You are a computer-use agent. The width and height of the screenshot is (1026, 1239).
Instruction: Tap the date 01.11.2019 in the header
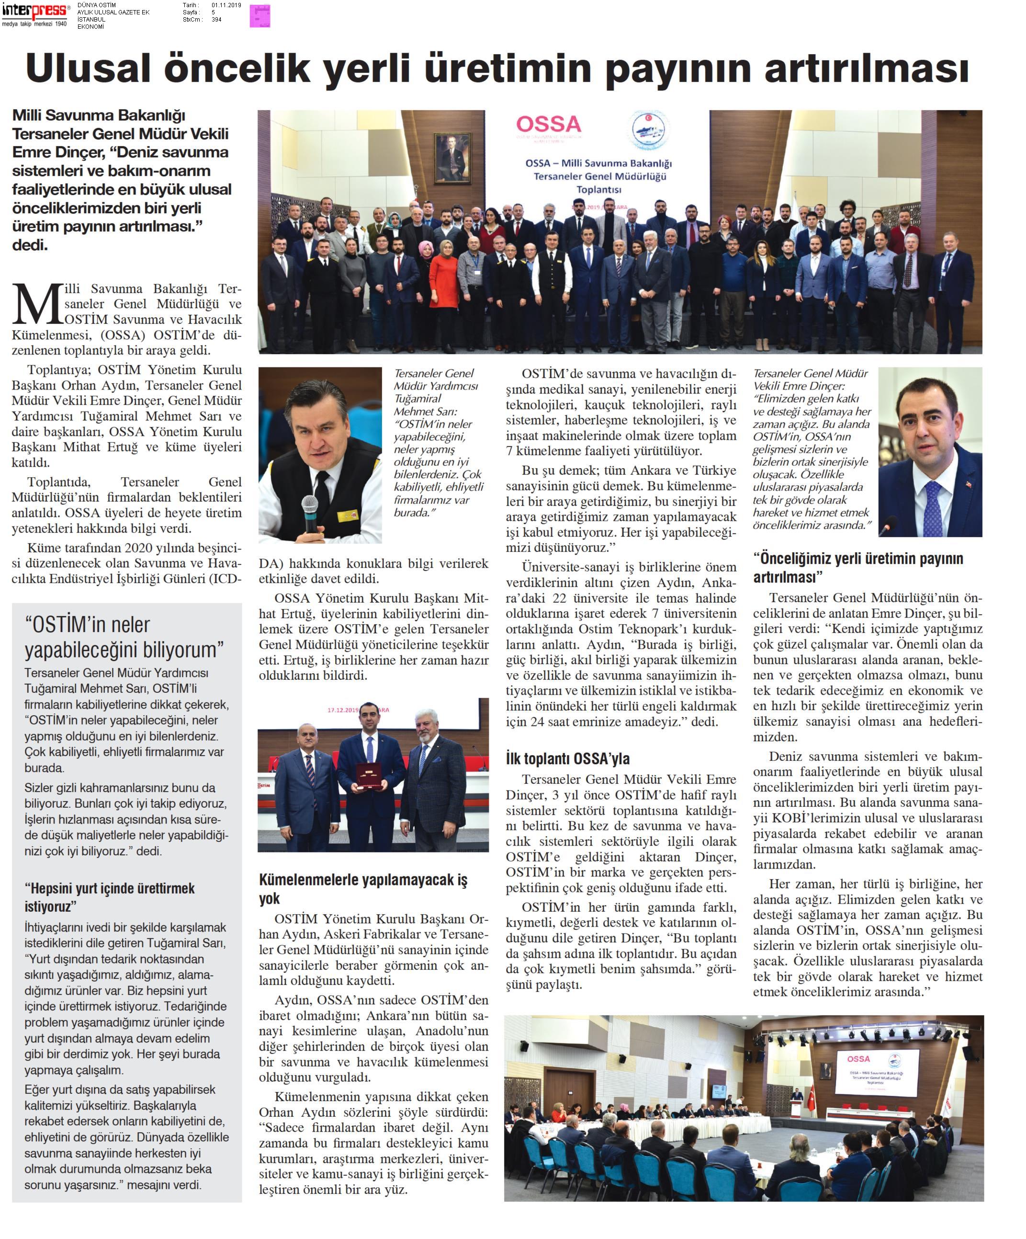coord(226,5)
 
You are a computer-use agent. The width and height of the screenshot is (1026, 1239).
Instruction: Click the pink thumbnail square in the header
coord(259,15)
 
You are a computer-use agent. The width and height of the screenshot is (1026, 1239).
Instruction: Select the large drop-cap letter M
coord(38,304)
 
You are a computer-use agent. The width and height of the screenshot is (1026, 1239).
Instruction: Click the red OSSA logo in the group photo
coord(548,125)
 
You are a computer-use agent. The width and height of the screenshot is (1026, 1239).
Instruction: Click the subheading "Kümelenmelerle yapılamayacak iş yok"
coord(362,889)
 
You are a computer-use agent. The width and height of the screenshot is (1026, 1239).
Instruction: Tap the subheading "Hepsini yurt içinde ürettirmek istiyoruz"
coord(109,897)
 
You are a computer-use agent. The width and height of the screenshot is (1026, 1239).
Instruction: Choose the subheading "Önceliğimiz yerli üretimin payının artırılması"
coord(858,567)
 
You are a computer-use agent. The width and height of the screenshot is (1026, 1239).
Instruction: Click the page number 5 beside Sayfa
coord(214,12)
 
